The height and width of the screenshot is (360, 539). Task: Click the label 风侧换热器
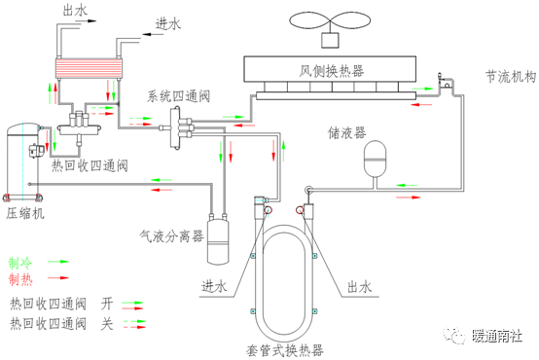coord(331,71)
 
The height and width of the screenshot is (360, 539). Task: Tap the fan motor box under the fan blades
coord(330,40)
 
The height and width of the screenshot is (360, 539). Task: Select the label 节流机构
coord(511,77)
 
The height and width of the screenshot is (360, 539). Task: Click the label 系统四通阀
coord(178,96)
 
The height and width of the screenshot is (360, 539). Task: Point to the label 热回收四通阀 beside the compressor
coord(90,165)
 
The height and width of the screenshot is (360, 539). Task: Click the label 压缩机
coord(25,213)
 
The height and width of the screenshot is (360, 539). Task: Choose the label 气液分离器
coord(171,236)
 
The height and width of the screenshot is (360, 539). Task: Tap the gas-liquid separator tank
coord(218,239)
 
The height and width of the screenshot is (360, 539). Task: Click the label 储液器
coord(346,132)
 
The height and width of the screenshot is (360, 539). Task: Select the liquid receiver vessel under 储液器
coord(375,159)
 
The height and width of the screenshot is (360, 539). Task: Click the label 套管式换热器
coord(285,350)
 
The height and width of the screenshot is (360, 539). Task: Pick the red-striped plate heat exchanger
coord(90,68)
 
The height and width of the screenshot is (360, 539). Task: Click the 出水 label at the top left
coord(75,11)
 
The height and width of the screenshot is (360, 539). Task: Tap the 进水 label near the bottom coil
coord(214,286)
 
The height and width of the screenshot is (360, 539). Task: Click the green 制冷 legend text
coord(20,263)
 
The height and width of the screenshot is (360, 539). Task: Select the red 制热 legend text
coord(20,279)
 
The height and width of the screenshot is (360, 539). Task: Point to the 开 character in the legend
coord(107,304)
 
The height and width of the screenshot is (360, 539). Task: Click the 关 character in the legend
coord(107,324)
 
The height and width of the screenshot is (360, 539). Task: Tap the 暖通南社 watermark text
coord(497,336)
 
